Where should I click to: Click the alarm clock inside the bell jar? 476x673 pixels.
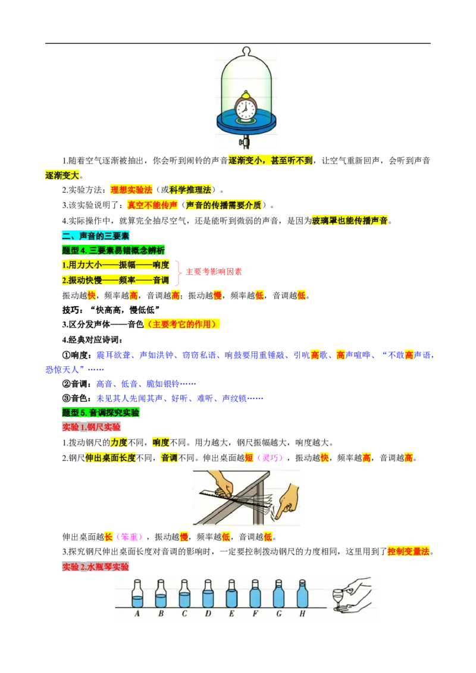[246, 107]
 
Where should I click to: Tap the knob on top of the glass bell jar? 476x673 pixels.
[246, 51]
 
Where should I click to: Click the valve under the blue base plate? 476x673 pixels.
[245, 141]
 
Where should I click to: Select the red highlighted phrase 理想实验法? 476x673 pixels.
[131, 190]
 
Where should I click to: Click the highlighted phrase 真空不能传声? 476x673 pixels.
[152, 205]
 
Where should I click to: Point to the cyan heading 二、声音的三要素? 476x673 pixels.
[95, 235]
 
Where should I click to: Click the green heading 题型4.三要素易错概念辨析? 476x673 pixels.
[114, 250]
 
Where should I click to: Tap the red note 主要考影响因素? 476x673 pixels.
[214, 272]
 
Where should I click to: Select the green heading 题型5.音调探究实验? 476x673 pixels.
[101, 413]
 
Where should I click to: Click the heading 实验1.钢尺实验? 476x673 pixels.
[91, 427]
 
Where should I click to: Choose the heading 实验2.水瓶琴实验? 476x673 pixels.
[95, 567]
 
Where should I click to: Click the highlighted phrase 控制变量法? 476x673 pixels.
[409, 552]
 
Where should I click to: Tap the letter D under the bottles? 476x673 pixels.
[208, 614]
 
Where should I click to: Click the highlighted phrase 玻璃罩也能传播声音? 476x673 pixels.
[350, 221]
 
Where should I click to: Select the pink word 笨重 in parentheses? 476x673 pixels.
[129, 537]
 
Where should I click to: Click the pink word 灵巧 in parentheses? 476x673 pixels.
[270, 458]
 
